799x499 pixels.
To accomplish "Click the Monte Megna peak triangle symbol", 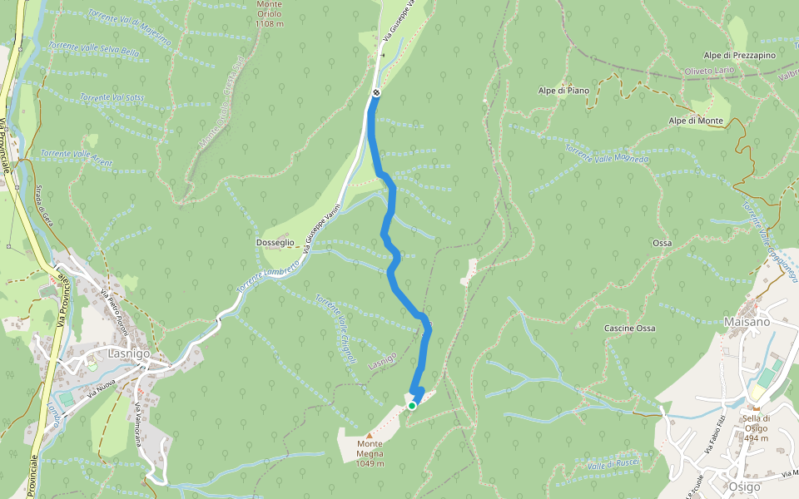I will pos(370,435).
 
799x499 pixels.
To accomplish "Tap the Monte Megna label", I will pos(370,448).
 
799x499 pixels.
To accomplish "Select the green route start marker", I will pos(412,406).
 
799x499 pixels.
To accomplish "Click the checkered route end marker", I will pos(376,92).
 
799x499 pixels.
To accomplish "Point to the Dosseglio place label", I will pos(275,242).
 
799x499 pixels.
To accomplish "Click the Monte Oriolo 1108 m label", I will pos(270,14).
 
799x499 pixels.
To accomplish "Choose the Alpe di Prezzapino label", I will pos(739,55).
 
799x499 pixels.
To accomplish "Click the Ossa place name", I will pos(663,243).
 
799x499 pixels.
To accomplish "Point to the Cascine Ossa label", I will pos(629,329).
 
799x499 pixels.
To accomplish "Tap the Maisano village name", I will pos(747,321).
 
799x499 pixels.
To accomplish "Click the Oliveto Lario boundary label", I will pos(707,72).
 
